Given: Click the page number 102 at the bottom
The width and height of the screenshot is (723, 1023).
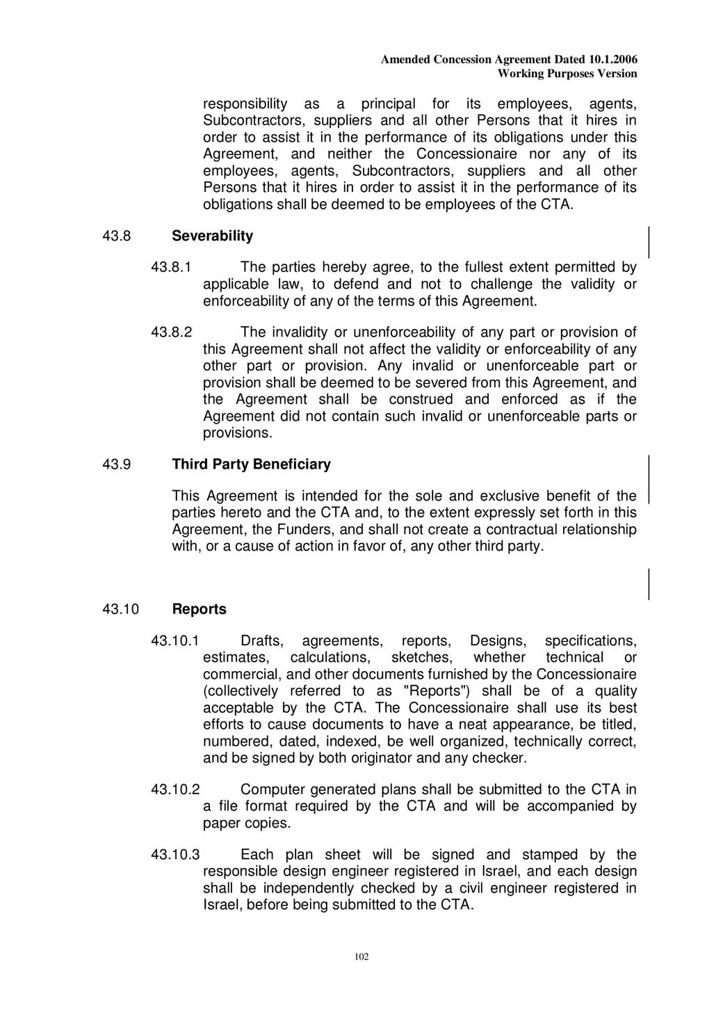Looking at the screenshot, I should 361,956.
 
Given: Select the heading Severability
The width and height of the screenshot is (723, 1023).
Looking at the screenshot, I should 212,236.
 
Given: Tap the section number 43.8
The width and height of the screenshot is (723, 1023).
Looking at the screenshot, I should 116,236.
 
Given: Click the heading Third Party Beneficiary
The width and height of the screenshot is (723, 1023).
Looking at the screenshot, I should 251,464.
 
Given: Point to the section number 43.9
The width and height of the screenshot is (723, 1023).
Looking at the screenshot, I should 116,464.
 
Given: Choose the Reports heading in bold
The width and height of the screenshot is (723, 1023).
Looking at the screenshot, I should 199,609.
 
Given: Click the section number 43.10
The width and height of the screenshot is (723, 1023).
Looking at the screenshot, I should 120,609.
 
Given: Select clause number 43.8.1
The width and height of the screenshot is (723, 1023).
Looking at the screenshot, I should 171,267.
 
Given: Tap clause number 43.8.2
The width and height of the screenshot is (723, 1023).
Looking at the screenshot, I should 171,332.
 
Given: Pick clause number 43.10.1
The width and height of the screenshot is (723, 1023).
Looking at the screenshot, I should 175,641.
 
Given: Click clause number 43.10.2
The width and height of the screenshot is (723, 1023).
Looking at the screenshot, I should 175,789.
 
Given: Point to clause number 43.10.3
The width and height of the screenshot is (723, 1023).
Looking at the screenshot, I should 175,855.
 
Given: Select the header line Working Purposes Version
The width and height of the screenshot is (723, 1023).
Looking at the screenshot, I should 567,74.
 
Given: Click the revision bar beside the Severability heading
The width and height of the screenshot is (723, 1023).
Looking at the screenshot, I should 649,243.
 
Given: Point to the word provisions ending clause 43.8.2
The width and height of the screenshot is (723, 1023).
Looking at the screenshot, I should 236,433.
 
